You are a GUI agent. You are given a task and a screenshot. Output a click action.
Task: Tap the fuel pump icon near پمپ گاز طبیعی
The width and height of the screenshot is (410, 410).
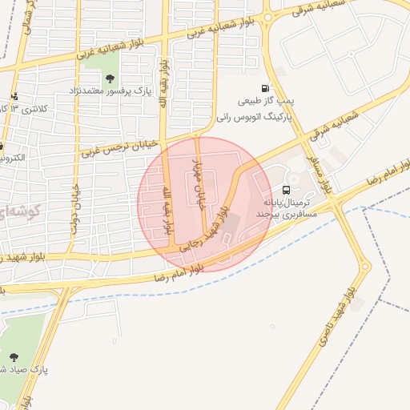coord(264,89)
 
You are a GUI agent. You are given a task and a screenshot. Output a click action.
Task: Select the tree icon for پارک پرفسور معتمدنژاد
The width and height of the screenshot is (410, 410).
coord(110,78)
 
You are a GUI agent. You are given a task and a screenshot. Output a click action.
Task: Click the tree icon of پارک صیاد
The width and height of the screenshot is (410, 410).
coord(14,357)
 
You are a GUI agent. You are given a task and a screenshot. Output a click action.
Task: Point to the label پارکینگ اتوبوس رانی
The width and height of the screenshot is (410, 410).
coord(253,116)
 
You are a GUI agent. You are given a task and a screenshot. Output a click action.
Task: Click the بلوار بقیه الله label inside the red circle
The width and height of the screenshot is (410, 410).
coord(167,210)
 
